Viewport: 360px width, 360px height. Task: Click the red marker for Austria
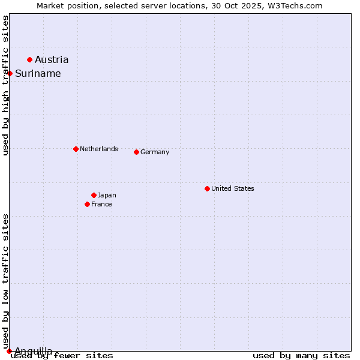tap(29, 59)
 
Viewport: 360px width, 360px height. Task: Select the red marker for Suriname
tap(10, 73)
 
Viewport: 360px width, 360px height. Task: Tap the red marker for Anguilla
tap(9, 351)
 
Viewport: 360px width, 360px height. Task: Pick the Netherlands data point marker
tap(76, 149)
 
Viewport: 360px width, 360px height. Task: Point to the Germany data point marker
tap(136, 152)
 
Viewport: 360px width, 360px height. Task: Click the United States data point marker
tap(207, 188)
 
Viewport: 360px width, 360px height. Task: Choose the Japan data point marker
tap(94, 195)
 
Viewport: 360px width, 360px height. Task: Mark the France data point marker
tap(87, 204)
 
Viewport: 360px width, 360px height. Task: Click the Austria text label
tap(52, 59)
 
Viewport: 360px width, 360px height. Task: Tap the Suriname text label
tap(38, 73)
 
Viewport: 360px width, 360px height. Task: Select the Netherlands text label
tap(99, 149)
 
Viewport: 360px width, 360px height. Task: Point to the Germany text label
tap(155, 152)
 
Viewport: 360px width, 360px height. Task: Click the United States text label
tap(233, 188)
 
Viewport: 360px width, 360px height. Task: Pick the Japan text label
tap(107, 195)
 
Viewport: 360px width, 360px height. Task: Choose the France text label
tap(101, 204)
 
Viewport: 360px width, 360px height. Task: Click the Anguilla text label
tap(34, 351)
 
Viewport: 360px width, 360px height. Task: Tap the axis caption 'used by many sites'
tap(301, 356)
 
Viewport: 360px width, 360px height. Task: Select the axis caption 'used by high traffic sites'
tap(5, 85)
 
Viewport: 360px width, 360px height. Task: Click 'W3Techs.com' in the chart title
tap(295, 5)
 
